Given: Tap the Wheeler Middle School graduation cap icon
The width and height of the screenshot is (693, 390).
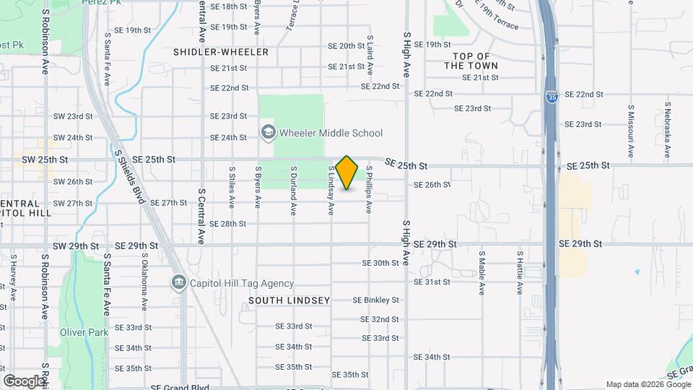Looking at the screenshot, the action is tap(268, 133).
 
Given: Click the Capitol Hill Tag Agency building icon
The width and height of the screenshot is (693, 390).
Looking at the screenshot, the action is tap(178, 283).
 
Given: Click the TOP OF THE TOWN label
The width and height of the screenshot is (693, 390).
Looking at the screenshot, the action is tap(471, 61).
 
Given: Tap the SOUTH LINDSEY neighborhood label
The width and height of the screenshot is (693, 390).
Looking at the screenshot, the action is tap(289, 300).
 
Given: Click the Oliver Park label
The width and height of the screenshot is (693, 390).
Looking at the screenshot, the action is tap(84, 332).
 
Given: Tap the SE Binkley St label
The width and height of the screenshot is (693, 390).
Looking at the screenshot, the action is tap(375, 300).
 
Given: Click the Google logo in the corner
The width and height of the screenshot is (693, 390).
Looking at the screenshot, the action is tap(24, 381).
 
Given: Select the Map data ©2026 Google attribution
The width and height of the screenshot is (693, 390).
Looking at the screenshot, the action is tap(648, 384).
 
